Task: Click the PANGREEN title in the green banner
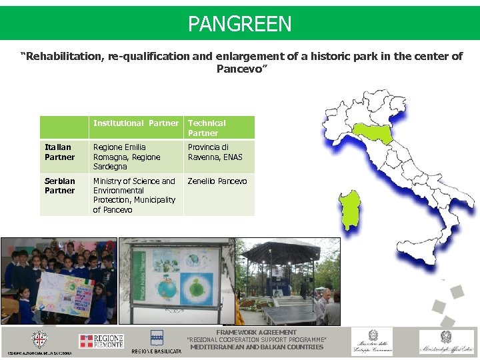click(239, 24)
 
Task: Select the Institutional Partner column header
click(136, 123)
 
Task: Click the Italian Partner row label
click(59, 152)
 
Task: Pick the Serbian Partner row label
click(59, 186)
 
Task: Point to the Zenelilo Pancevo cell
click(217, 181)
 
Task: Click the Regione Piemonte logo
click(101, 341)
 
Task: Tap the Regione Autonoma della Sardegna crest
click(40, 339)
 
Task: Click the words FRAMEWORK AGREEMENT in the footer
click(256, 332)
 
